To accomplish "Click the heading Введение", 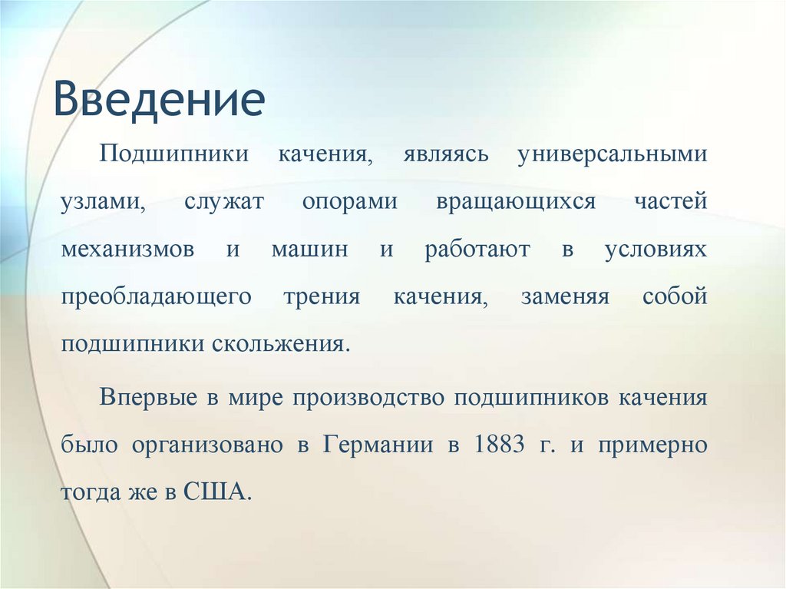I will (x=159, y=101).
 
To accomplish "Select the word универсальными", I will (x=612, y=154).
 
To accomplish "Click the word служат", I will (x=224, y=202).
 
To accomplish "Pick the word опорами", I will (x=349, y=202).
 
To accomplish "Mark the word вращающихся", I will (x=516, y=202).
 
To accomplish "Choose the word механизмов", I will (x=127, y=250).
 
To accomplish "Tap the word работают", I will (x=477, y=250).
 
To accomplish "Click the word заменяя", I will (x=565, y=297).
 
